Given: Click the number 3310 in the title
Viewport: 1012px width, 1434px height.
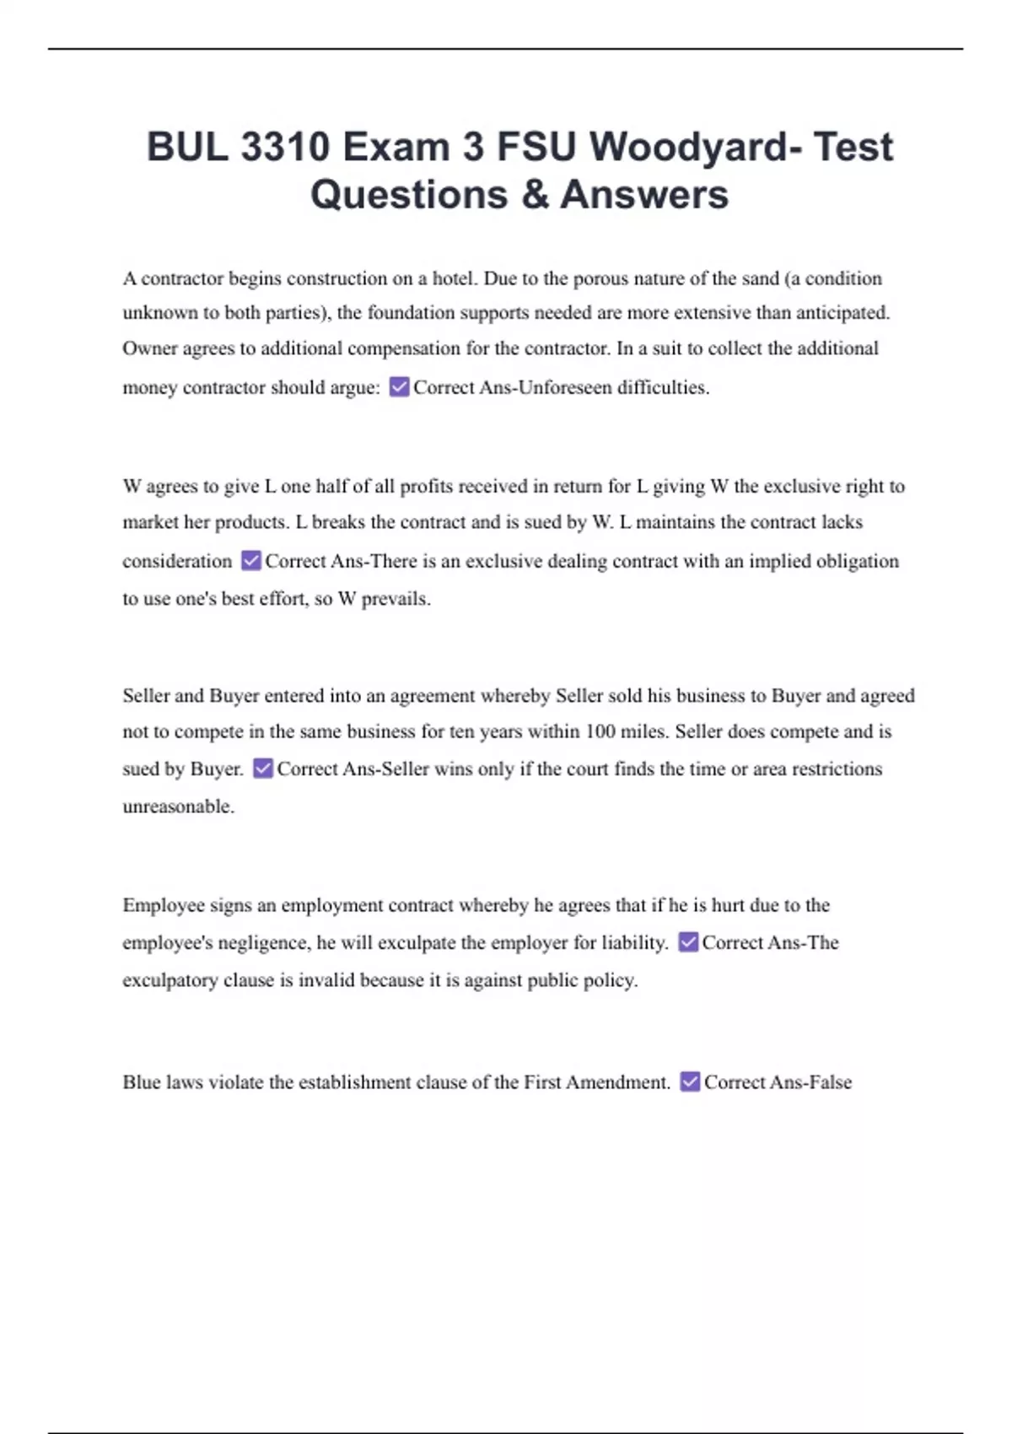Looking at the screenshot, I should point(284,147).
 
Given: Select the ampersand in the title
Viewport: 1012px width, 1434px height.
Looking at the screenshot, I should point(535,195).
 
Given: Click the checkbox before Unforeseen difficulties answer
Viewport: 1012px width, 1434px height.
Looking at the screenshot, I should point(399,387).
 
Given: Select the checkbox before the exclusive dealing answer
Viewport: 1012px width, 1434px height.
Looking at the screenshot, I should point(250,561).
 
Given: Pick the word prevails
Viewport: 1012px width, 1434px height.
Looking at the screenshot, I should point(396,599).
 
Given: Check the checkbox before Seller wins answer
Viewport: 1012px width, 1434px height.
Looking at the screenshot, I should point(263,768).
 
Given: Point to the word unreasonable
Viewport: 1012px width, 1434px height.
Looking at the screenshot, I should point(178,806).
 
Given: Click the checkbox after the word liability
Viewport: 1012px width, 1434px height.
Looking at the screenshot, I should point(688,942).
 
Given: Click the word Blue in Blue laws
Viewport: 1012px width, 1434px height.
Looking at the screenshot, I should point(141,1082).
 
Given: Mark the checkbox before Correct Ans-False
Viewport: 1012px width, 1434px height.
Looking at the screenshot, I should point(690,1081).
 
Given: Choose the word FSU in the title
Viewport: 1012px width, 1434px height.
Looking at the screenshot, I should point(536,147).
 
